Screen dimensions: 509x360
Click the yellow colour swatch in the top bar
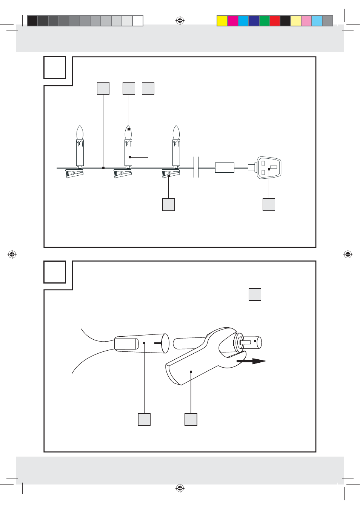(222, 21)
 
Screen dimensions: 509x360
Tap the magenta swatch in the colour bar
(233, 21)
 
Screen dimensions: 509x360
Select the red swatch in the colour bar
(275, 21)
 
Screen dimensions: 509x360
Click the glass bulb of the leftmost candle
(80, 133)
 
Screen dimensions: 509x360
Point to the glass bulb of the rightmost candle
(176, 133)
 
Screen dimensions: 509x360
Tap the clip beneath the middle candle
(123, 173)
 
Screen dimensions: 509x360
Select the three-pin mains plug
(269, 167)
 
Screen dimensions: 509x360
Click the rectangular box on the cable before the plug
(225, 167)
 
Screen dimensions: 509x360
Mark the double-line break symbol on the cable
(196, 167)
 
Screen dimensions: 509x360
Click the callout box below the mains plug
(269, 205)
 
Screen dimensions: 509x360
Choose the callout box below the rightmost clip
(169, 205)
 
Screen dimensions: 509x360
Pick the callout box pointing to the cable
(103, 88)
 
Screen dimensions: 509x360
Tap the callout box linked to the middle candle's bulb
(129, 88)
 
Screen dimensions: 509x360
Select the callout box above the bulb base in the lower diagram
(255, 294)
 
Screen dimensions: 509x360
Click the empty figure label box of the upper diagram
(55, 67)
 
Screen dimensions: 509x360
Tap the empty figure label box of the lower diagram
(55, 272)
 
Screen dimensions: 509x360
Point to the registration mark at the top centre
(180, 21)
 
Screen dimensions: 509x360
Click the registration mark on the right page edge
(348, 255)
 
